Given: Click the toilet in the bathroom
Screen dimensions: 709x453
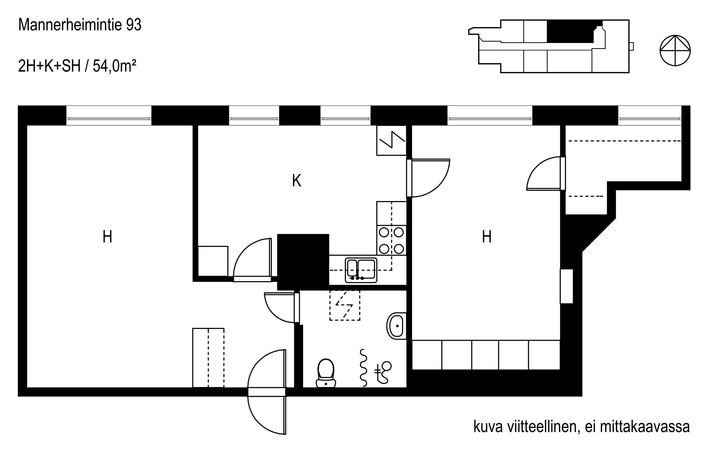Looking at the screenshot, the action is click(326, 373).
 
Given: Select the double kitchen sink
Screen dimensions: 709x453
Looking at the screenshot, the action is click(361, 270).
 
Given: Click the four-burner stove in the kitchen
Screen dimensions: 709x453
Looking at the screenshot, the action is click(391, 240).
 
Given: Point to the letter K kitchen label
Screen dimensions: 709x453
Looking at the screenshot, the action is click(297, 181).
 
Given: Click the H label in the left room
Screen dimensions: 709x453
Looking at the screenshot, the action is click(107, 237).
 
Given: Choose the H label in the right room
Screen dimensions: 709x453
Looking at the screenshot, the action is click(487, 237).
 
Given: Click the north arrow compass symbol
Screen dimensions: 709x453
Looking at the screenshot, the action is click(675, 51).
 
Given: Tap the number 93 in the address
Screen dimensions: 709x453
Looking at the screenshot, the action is click(134, 25).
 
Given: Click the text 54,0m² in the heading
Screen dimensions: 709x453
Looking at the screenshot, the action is click(114, 66).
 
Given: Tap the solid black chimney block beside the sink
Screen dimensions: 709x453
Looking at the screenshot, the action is click(303, 262).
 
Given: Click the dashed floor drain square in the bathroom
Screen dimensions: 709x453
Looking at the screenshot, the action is click(345, 305).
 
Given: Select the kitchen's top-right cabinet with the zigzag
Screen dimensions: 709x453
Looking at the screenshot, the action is click(391, 140).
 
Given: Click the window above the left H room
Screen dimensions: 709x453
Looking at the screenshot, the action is click(109, 116).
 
